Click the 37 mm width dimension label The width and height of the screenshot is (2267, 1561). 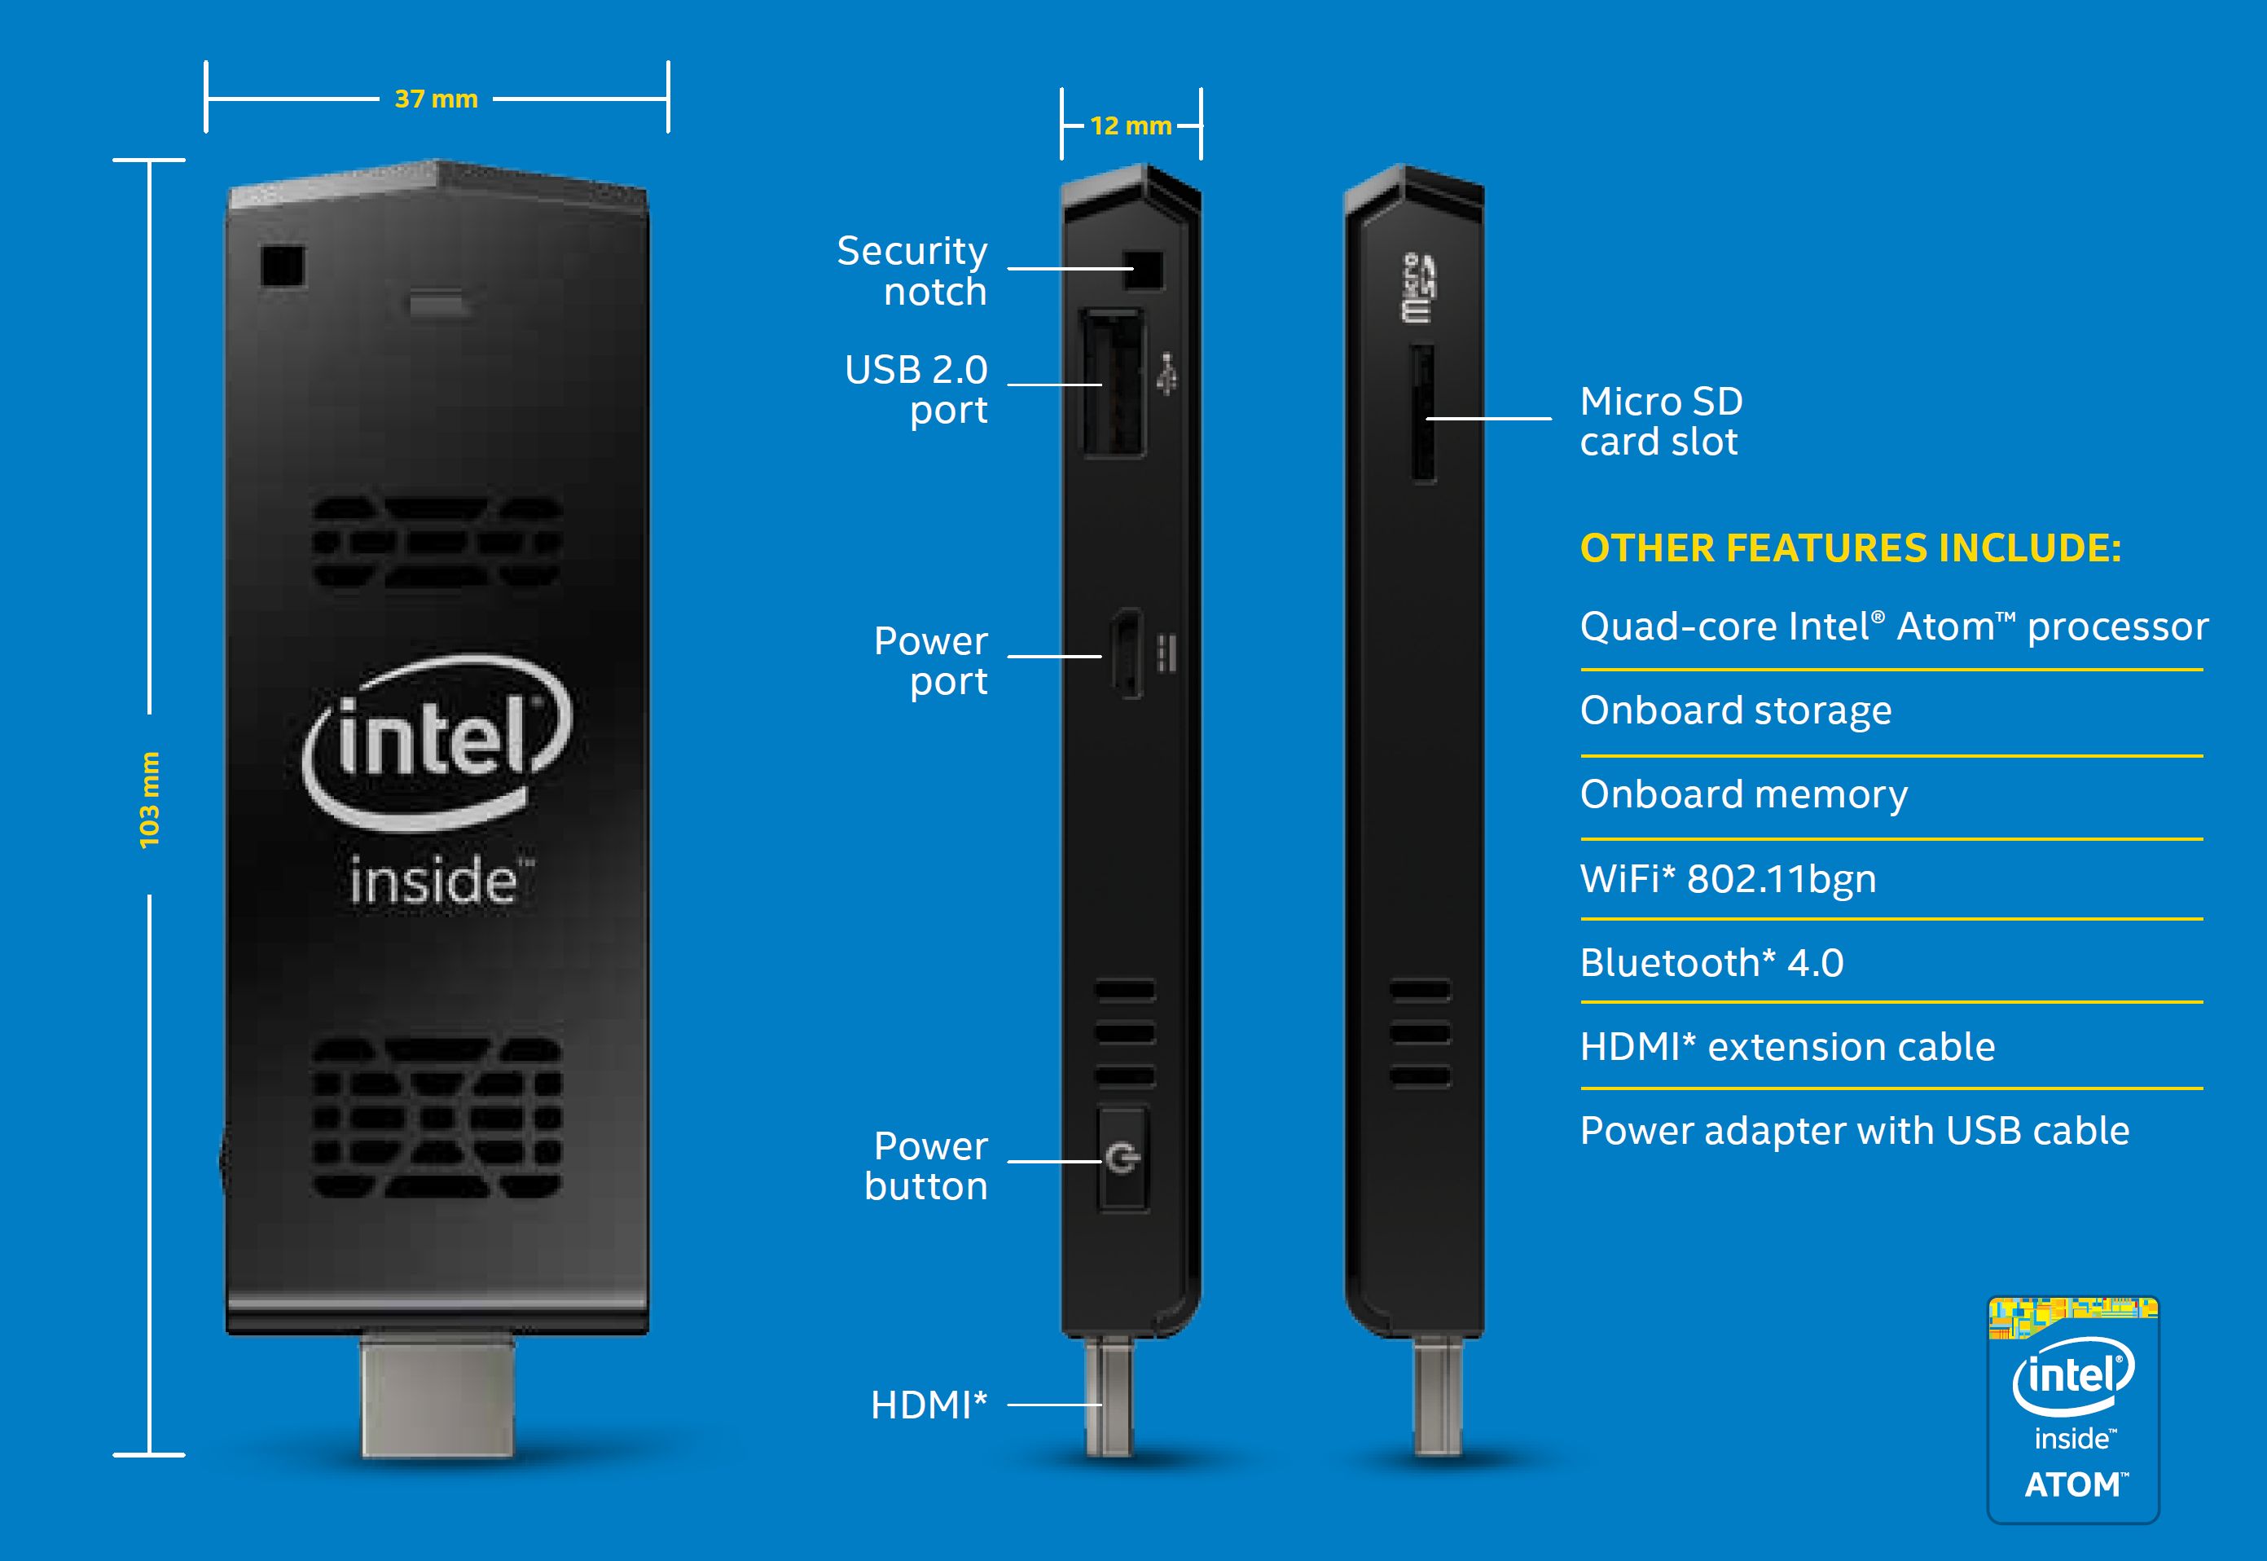pos(436,99)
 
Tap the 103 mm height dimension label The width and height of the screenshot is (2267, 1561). pos(148,800)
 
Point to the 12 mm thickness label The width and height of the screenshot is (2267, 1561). pos(1131,126)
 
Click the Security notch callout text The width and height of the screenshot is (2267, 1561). pos(912,271)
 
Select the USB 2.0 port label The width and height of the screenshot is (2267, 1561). pos(916,389)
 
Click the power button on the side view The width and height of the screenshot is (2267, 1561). pos(1123,1159)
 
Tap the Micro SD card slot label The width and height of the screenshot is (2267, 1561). pos(1661,421)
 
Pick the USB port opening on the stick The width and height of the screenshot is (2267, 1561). pos(1113,382)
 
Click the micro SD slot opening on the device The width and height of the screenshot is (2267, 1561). pos(1423,413)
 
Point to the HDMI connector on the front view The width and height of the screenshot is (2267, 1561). pos(437,1396)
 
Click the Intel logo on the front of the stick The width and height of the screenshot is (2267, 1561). pos(436,743)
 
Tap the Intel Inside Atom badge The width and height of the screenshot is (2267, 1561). pos(2072,1409)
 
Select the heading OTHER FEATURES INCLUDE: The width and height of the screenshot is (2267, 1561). pos(1851,548)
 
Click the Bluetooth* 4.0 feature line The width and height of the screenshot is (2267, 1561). pos(1711,962)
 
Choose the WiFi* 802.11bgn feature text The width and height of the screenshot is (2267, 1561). pos(1728,879)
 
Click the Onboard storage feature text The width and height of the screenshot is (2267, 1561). pos(1736,711)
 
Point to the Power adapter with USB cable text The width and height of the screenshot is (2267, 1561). pos(1854,1131)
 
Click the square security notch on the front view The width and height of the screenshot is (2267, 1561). pos(283,266)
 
